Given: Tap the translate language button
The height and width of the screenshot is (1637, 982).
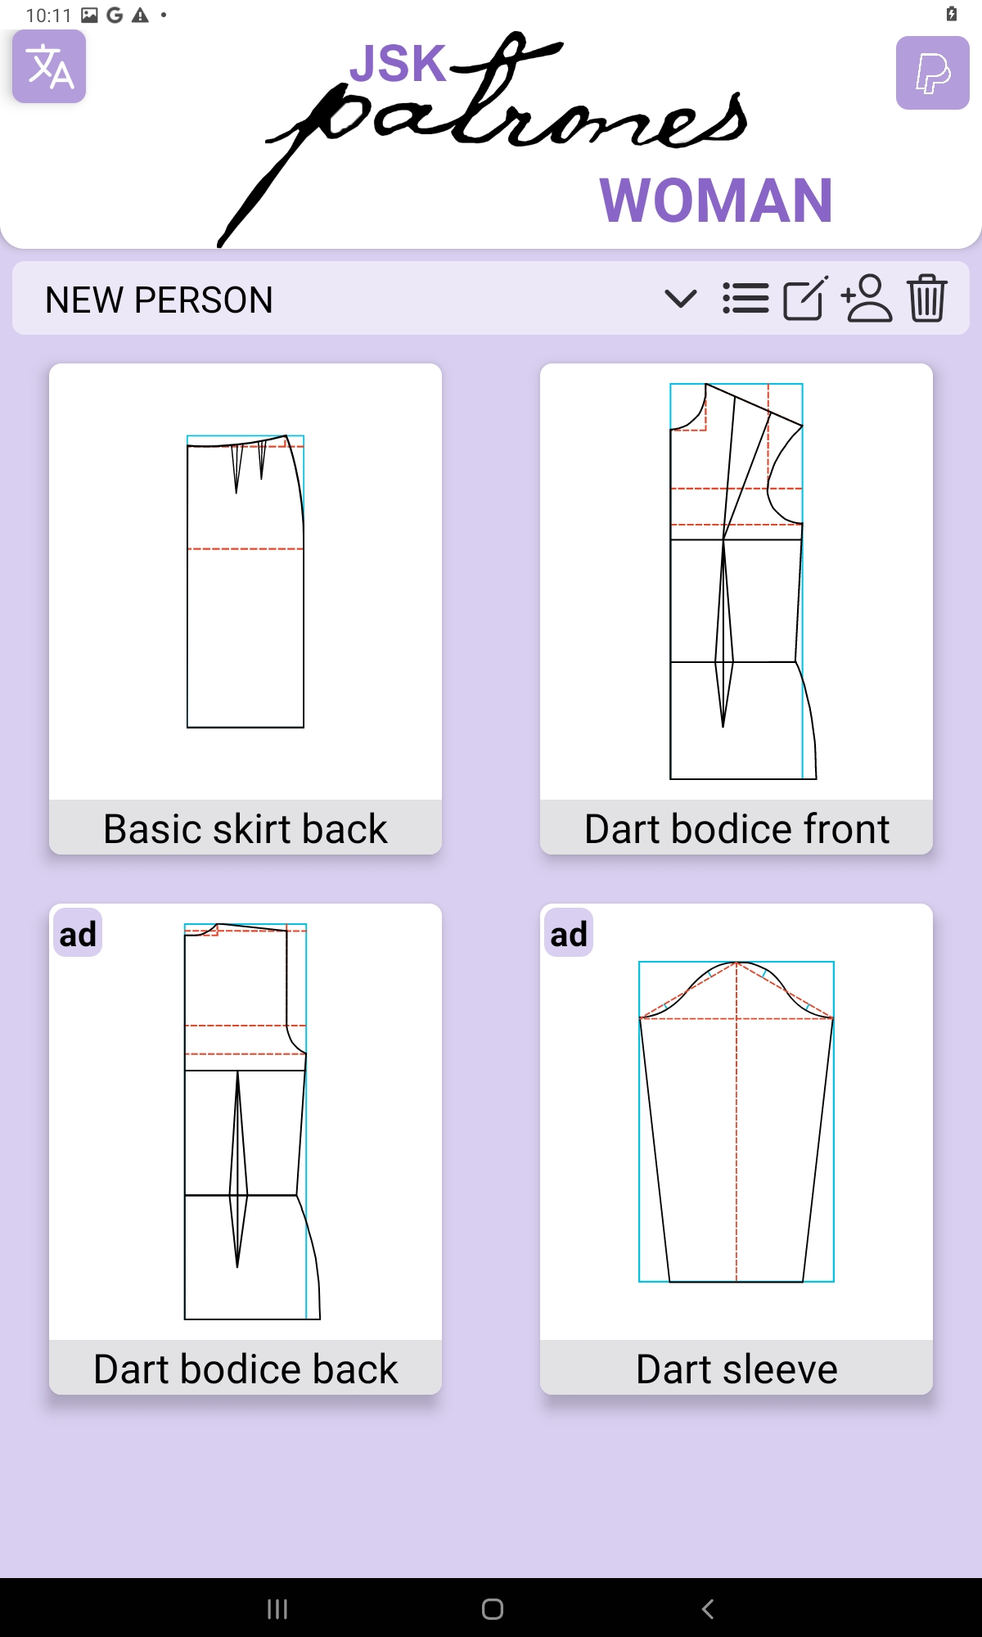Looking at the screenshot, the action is tap(49, 66).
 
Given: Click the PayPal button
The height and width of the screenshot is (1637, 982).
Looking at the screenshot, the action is tap(933, 73).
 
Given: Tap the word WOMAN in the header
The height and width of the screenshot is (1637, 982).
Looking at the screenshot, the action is tap(716, 201).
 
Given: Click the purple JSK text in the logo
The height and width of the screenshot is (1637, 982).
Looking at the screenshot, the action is tap(399, 63).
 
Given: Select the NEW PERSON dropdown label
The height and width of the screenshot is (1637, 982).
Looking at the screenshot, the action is tap(159, 300).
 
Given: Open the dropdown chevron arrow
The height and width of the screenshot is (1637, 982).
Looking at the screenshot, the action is tap(680, 299).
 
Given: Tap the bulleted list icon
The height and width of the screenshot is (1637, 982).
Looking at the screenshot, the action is tap(746, 299).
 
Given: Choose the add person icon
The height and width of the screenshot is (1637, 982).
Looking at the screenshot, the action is tap(867, 298).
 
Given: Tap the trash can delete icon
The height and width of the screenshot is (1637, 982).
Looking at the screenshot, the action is tap(927, 298).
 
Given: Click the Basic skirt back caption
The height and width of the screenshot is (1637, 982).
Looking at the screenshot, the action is tap(245, 828).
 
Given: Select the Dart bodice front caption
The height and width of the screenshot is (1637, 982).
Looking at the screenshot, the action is tap(736, 828).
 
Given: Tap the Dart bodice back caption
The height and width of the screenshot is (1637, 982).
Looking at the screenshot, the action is tap(245, 1369).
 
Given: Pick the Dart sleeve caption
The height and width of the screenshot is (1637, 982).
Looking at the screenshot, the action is tap(736, 1369).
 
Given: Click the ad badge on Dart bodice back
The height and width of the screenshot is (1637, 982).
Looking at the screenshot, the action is tap(78, 933).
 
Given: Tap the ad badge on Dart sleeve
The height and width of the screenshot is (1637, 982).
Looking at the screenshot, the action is tap(569, 933).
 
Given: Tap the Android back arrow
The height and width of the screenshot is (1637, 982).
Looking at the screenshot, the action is tap(708, 1608).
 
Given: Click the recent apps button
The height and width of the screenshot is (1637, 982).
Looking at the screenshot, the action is tap(277, 1609).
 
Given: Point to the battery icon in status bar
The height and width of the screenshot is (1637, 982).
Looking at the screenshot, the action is tap(952, 14).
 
